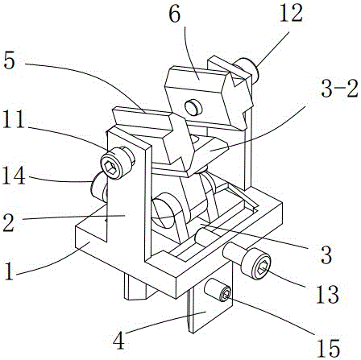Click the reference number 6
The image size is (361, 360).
175,14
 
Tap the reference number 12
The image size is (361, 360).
291,14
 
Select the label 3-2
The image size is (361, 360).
339,89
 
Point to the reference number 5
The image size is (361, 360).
9,61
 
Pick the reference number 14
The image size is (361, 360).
14,176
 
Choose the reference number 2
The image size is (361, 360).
9,223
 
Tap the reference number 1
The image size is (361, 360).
9,271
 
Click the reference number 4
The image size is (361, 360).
119,341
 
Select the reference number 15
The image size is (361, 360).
328,349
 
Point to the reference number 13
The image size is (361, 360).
327,295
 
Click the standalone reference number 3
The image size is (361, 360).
326,255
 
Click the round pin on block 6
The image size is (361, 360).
193,107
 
